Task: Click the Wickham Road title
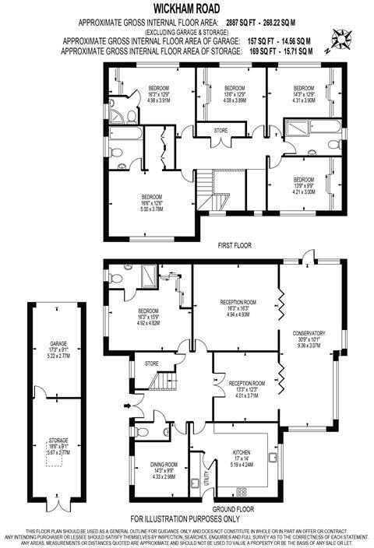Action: pyautogui.click(x=186, y=8)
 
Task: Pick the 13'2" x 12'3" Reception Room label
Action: pyautogui.click(x=247, y=383)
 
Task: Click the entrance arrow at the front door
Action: pyautogui.click(x=127, y=404)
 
